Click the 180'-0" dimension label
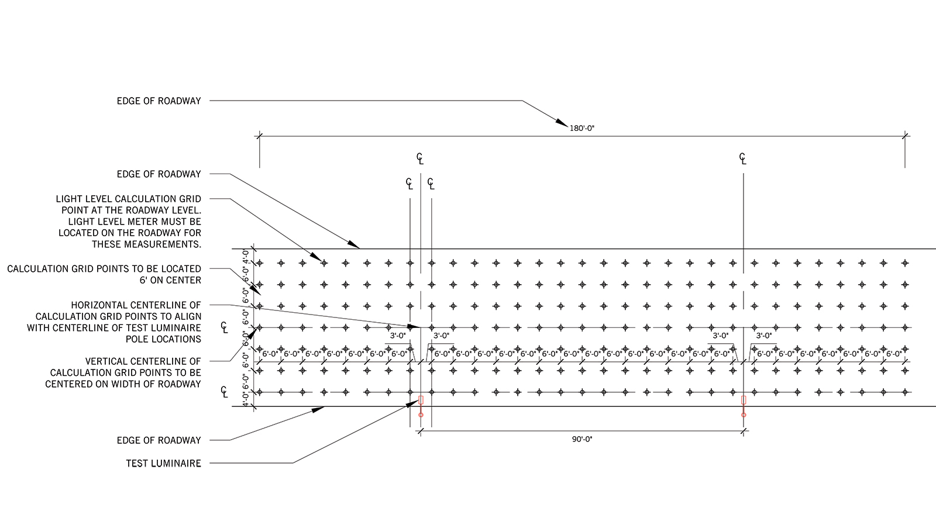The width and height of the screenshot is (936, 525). pos(581,128)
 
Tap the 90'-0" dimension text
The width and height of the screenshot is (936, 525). pos(582,440)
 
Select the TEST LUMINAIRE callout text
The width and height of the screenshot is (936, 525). pos(163,463)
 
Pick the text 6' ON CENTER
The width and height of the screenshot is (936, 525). pos(170,280)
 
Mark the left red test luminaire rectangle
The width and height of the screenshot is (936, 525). pos(421,400)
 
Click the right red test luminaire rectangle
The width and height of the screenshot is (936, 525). pos(744,400)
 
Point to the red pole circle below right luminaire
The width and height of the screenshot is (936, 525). pos(744,415)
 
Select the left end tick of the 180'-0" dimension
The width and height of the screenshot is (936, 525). pos(260,136)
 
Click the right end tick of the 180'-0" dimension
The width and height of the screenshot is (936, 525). pos(905,136)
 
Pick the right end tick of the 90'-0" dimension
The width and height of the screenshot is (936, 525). pos(744,431)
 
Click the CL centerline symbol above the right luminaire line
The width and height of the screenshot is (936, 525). pos(742,158)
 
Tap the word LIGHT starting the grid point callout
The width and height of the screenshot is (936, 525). pos(70,199)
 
